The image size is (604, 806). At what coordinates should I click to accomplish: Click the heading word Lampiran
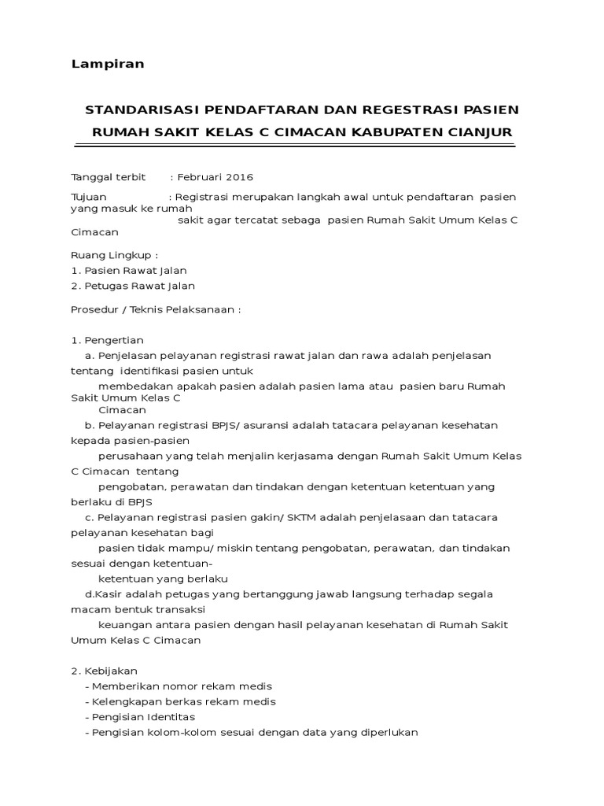(107, 64)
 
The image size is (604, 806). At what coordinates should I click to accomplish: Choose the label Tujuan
(88, 196)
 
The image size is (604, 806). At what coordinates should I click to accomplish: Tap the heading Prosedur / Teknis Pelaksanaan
(156, 309)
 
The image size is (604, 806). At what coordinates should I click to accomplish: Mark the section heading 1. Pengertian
(108, 340)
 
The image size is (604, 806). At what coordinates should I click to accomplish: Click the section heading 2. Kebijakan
(105, 671)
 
